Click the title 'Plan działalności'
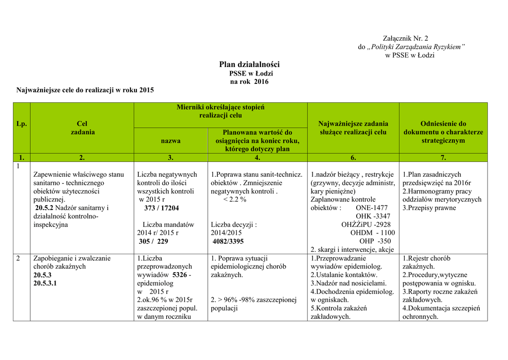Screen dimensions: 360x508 pyautogui.click(x=250, y=65)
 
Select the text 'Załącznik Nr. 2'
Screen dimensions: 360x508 pyautogui.click(x=406, y=38)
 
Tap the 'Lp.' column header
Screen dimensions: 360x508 pyautogui.click(x=22, y=124)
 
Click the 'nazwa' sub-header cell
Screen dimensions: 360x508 pyautogui.click(x=171, y=141)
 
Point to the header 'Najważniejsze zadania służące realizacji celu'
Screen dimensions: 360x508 pyautogui.click(x=353, y=128)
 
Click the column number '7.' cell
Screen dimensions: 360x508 pyautogui.click(x=443, y=158)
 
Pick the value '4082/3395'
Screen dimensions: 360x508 pyautogui.click(x=228, y=241)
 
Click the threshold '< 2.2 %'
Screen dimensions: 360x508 pyautogui.click(x=235, y=200)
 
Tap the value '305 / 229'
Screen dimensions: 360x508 pyautogui.click(x=153, y=241)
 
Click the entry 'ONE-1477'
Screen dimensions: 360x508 pyautogui.click(x=372, y=208)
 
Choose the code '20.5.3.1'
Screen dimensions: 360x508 pyautogui.click(x=45, y=283)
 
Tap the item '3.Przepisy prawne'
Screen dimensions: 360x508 pyautogui.click(x=429, y=208)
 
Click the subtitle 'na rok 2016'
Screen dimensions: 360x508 pyautogui.click(x=250, y=81)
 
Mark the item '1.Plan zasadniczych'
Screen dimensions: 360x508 pyautogui.click(x=432, y=174)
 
